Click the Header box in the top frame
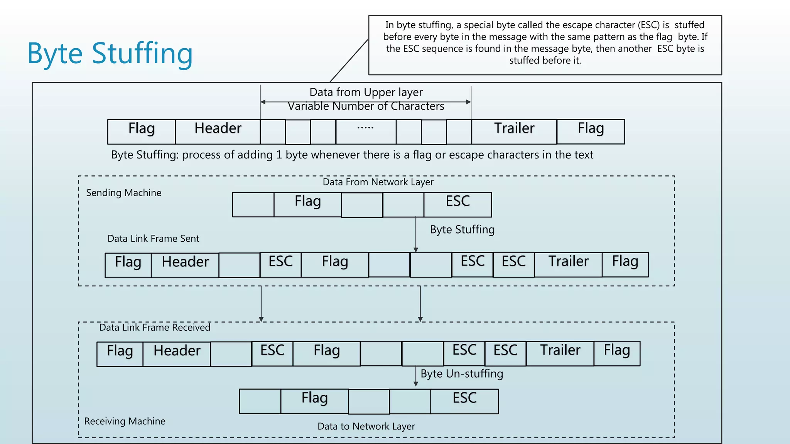point(218,131)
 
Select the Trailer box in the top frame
point(514,131)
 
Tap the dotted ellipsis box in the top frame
point(366,131)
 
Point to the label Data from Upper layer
point(366,92)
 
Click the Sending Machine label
point(123,193)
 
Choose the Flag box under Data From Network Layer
point(307,204)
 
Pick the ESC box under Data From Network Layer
point(457,204)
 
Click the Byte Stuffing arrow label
point(462,230)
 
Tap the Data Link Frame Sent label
point(153,239)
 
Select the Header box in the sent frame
point(185,265)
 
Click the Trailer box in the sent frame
point(568,264)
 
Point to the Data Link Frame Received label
point(155,328)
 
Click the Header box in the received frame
point(177,353)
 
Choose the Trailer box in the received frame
point(560,353)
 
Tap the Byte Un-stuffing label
point(462,374)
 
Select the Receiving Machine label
point(125,421)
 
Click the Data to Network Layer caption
point(366,426)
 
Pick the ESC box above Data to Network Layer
point(464,401)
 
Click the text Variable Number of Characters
point(366,106)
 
